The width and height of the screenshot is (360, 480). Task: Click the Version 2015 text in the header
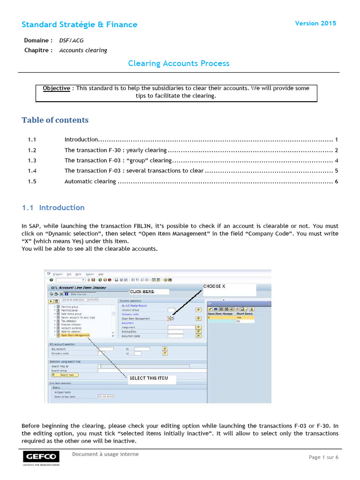click(x=315, y=23)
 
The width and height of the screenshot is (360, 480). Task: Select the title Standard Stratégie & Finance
click(x=80, y=24)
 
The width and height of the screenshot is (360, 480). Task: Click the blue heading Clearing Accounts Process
click(x=179, y=63)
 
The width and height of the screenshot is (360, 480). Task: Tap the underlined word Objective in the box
click(x=56, y=88)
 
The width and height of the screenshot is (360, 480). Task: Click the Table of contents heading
click(x=55, y=120)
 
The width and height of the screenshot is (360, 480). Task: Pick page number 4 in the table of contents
click(x=337, y=161)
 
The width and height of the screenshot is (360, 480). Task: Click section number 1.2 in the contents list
click(x=32, y=150)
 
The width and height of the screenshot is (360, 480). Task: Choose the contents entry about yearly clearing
click(x=115, y=150)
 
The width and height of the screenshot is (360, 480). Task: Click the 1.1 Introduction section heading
click(x=53, y=208)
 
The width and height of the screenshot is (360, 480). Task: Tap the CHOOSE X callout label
click(x=214, y=286)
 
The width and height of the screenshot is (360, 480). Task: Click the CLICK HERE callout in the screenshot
click(x=142, y=292)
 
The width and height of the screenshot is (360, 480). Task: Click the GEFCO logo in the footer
click(x=41, y=457)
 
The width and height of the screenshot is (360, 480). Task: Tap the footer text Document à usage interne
click(x=105, y=454)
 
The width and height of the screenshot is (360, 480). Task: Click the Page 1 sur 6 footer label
click(x=323, y=457)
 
